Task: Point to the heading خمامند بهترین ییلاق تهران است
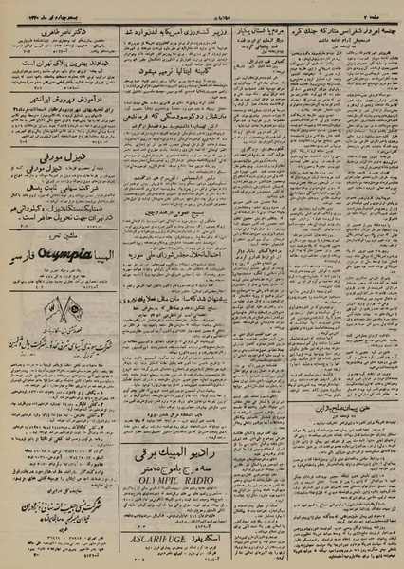click(67, 64)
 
